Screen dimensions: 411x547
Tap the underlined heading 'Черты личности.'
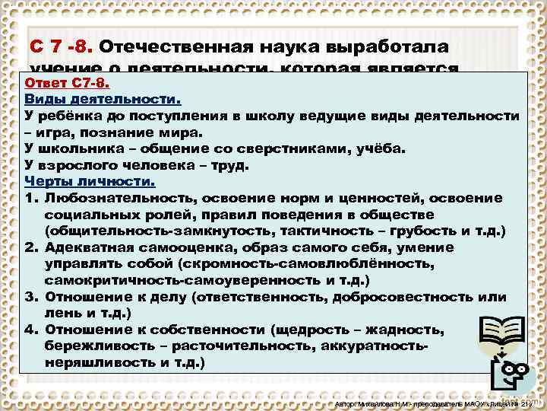(89, 181)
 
